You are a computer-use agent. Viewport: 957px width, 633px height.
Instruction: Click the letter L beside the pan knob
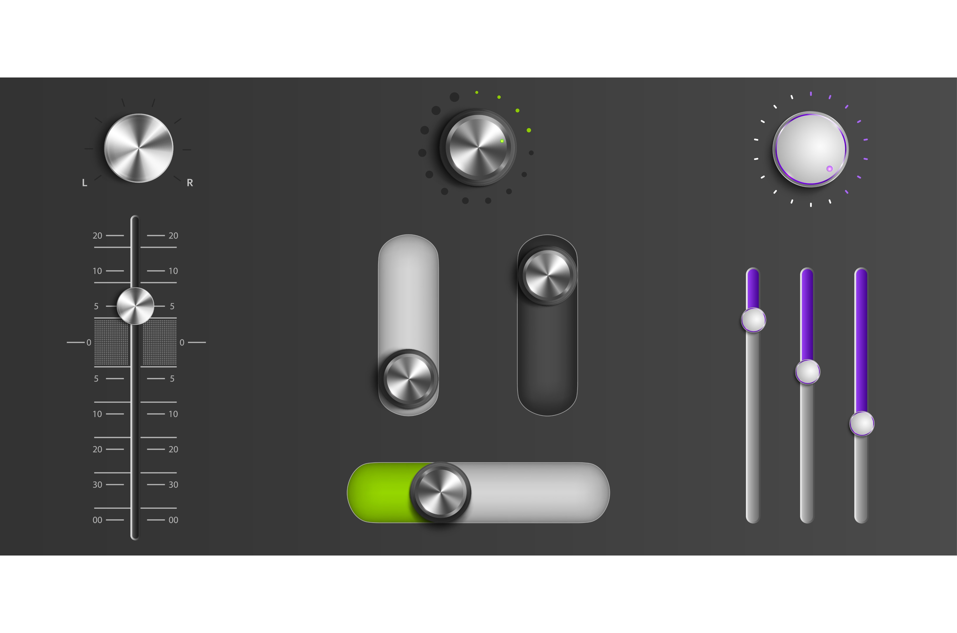point(84,183)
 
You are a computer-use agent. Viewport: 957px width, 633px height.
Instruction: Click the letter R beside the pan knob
point(190,183)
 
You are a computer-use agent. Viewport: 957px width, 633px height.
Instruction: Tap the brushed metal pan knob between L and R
point(139,148)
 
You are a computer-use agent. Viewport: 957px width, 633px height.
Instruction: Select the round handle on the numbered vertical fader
point(135,306)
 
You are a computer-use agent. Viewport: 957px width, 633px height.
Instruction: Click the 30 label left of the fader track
point(97,484)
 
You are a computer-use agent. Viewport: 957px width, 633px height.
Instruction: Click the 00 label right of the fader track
point(173,520)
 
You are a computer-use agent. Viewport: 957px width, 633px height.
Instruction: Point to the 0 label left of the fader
point(89,342)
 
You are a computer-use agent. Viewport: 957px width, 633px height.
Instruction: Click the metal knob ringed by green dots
point(478,147)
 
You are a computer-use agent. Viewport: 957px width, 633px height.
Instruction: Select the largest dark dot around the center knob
point(455,97)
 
